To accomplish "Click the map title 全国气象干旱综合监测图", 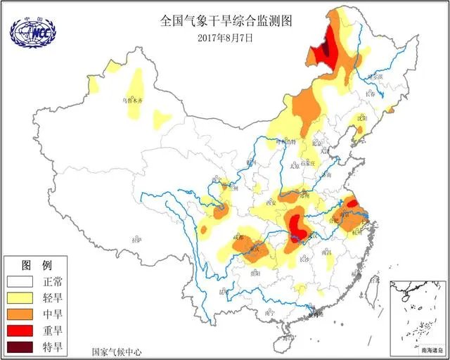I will (x=225, y=21).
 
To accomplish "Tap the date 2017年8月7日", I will (x=225, y=37).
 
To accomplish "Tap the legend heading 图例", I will (x=37, y=266).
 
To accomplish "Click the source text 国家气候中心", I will (x=116, y=350).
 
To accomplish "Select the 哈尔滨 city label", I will (x=374, y=75).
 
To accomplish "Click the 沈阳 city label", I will (x=361, y=120).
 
